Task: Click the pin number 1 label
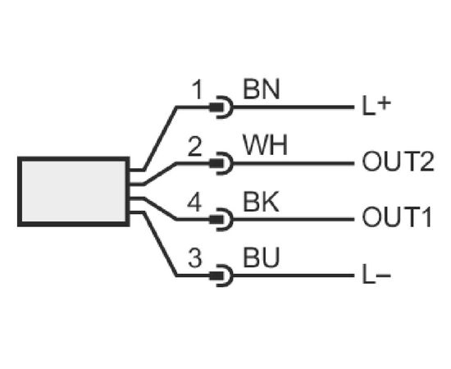pos(198,89)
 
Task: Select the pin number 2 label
pos(195,147)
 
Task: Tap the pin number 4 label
pos(194,203)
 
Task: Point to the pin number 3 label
pos(195,258)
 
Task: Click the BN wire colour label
pos(261,89)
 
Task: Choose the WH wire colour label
pos(265,145)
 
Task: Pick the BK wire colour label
pos(261,202)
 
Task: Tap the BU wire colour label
pos(261,257)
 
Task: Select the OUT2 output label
pos(398,162)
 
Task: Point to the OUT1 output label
pos(397,218)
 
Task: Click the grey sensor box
pos(74,192)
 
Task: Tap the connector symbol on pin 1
pos(221,107)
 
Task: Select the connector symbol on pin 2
pos(221,163)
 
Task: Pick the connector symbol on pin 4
pos(221,220)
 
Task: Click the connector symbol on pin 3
pos(221,276)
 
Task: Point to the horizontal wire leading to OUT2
pos(293,163)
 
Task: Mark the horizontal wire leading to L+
pos(293,107)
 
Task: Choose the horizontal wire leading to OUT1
pos(293,220)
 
